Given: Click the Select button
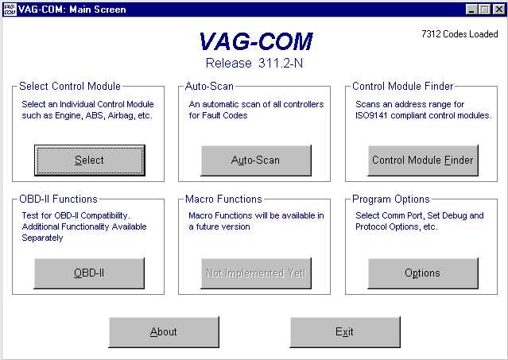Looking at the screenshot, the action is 89,161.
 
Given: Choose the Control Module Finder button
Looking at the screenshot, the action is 423,161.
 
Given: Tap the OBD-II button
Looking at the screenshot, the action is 89,273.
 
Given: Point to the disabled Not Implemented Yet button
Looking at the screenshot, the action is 256,273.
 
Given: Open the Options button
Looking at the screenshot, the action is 423,273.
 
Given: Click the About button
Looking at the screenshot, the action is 164,332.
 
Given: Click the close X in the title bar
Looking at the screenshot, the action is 499,10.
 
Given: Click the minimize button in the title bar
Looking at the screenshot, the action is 471,10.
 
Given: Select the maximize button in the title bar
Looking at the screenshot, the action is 485,10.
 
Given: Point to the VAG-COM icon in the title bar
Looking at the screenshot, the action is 10,9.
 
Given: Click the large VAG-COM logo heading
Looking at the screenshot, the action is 256,41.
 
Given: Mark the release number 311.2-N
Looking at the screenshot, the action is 281,63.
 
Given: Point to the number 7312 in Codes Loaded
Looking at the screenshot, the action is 431,34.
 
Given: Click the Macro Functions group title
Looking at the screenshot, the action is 223,199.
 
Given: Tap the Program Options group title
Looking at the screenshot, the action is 391,199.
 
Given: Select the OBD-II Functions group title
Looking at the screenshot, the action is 58,199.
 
